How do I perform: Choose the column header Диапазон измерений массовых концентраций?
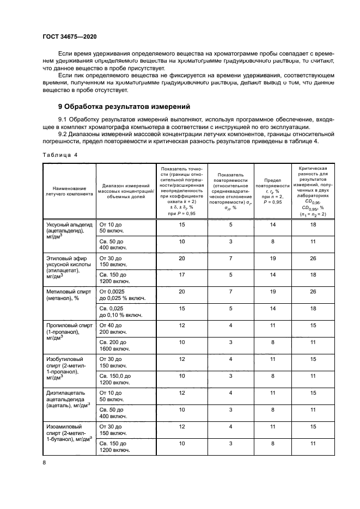pos(125,191)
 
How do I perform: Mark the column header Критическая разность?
pos(313,191)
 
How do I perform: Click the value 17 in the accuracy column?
pos(182,275)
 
